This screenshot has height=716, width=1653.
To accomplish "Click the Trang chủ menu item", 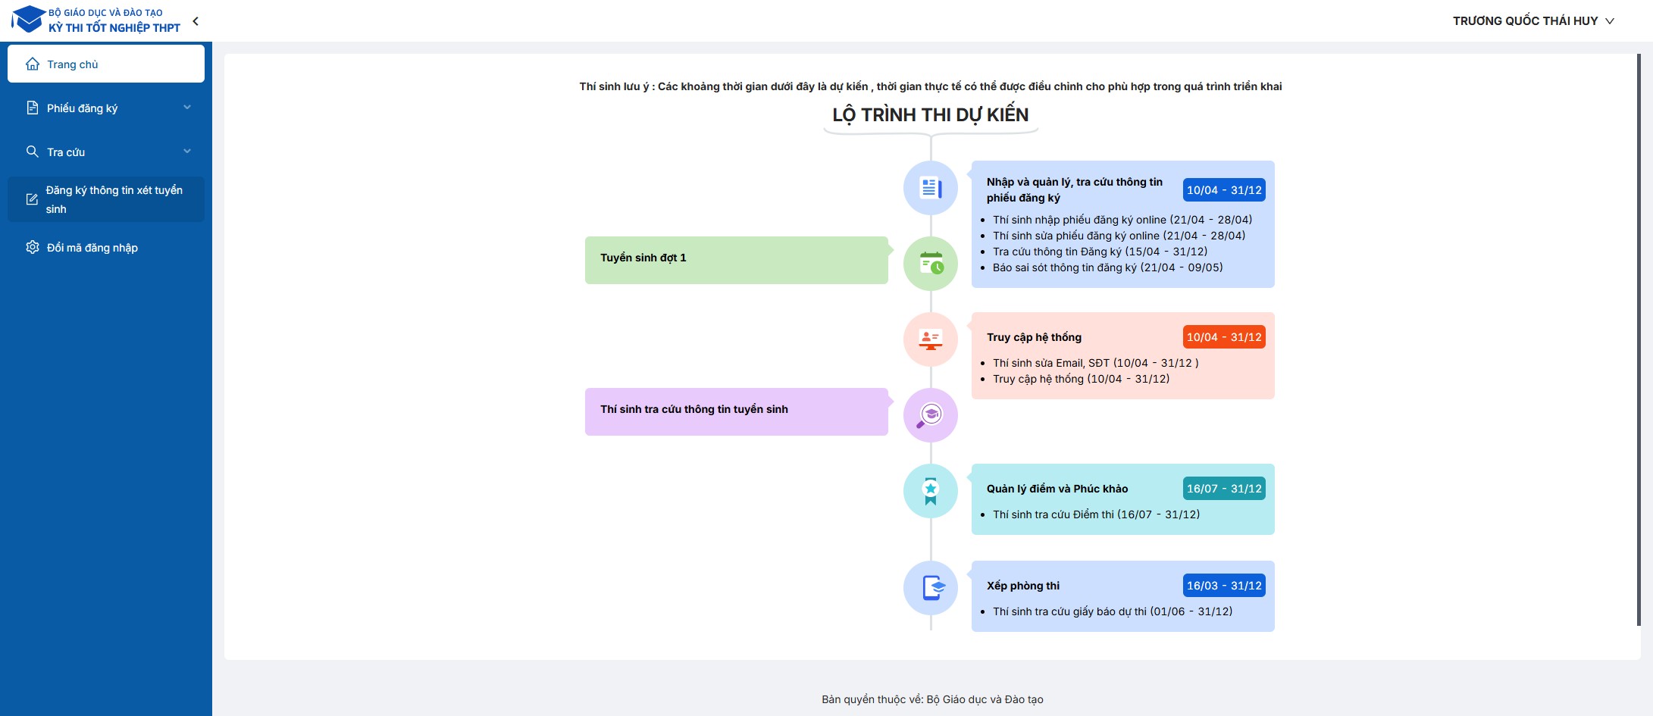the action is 105,64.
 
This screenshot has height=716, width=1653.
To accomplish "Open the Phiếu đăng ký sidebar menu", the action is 105,108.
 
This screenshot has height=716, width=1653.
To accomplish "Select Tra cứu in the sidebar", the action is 105,152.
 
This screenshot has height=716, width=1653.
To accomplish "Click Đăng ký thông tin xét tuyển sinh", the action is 105,199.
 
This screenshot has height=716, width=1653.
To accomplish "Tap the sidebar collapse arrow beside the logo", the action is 196,21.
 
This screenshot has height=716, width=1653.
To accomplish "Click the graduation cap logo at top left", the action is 28,19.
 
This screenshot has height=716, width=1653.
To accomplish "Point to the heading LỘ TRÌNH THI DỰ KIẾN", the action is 930,115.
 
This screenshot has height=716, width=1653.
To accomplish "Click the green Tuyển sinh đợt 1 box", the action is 736,260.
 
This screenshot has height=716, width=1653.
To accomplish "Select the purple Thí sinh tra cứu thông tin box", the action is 736,411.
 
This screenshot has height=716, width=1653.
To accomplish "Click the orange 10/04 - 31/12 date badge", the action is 1224,337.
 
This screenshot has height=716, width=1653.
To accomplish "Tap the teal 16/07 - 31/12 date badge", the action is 1224,489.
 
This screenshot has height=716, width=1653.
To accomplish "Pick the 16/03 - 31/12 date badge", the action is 1224,586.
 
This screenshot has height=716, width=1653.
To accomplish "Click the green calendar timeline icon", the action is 931,264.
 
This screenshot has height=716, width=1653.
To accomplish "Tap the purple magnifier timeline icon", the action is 931,415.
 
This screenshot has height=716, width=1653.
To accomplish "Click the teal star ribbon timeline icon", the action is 931,491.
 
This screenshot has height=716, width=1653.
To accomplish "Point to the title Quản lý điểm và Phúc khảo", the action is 1057,489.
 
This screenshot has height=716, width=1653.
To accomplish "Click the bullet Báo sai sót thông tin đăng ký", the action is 1107,267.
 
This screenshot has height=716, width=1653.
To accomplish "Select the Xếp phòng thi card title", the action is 1023,586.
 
